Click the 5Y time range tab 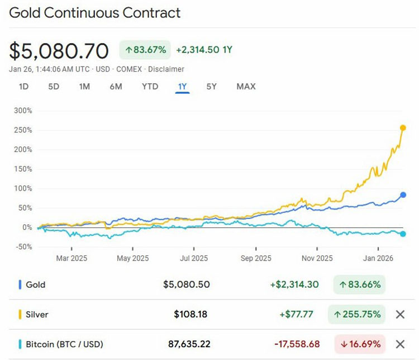point(211,87)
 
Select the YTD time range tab point(150,87)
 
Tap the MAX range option point(246,87)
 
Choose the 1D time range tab point(23,87)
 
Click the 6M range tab point(116,87)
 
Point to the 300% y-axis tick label point(23,111)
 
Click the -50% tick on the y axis point(23,247)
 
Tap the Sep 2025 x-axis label point(255,258)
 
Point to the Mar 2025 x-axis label point(71,258)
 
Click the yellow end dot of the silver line point(403,128)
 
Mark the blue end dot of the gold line point(403,195)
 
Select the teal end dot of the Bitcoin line point(403,234)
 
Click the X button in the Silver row point(400,314)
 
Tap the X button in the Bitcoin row point(400,344)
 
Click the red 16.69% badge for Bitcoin point(360,344)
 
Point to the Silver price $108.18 point(191,314)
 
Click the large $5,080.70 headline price point(59,51)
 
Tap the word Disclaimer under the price point(166,69)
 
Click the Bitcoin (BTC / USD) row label point(64,344)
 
